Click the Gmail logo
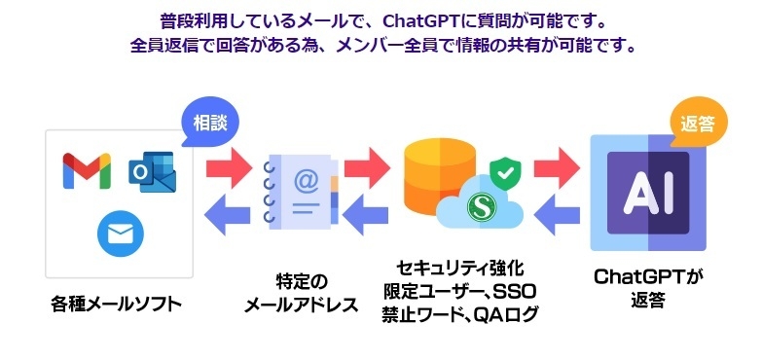(x=86, y=171)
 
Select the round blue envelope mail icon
(x=120, y=233)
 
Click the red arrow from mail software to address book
(x=228, y=163)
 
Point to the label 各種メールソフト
(x=117, y=305)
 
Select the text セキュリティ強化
(x=459, y=267)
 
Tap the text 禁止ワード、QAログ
(x=459, y=312)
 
